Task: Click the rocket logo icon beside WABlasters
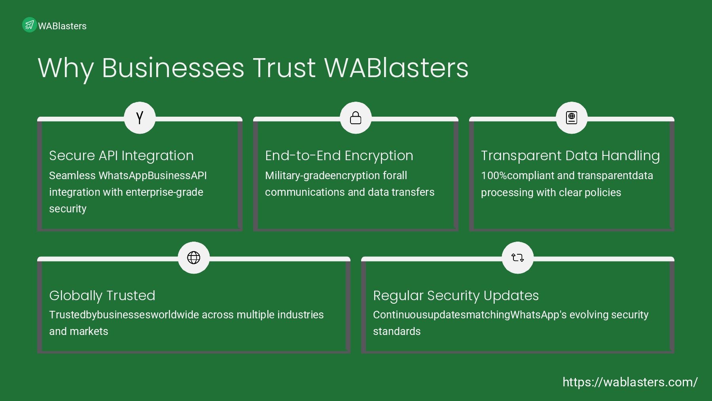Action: coord(29,25)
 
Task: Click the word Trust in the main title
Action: coord(284,68)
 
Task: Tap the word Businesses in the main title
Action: coord(173,68)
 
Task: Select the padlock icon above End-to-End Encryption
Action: coord(356,118)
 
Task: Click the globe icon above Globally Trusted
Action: coord(193,257)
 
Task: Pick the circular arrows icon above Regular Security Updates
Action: coord(517,257)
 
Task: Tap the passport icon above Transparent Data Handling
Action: coord(572,118)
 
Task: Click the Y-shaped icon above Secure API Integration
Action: coord(140,118)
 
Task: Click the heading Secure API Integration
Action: coord(121,156)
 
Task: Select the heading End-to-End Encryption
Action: coord(339,156)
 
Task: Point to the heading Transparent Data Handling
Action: coord(570,156)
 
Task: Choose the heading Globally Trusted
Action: coord(102,295)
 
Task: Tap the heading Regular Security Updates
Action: coord(456,295)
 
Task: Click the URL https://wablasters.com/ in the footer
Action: coord(630,382)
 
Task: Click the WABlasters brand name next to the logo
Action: coord(62,26)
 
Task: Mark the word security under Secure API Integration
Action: coord(68,209)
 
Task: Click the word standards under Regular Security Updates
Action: coord(397,331)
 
